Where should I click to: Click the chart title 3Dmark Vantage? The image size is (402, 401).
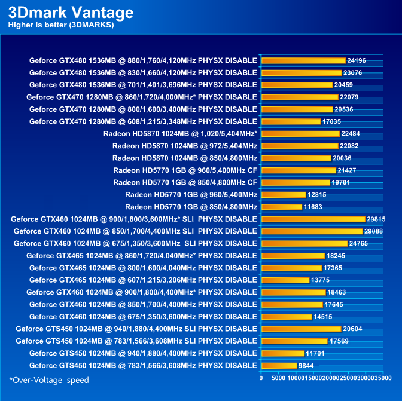71,13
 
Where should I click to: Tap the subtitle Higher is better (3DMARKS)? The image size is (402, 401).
61,25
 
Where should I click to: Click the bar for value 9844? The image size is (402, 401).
279,366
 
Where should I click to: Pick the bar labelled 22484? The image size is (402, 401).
300,134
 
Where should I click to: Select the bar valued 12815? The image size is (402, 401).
284,195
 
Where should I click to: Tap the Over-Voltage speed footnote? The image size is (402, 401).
49,380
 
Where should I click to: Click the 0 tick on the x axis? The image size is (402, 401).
261,378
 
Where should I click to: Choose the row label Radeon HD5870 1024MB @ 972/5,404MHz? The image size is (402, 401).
185,146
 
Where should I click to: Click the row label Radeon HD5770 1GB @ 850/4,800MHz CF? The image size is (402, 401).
185,182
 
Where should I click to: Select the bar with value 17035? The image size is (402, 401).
291,121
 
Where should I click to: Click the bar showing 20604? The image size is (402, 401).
301,329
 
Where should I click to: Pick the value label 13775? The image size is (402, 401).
321,280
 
